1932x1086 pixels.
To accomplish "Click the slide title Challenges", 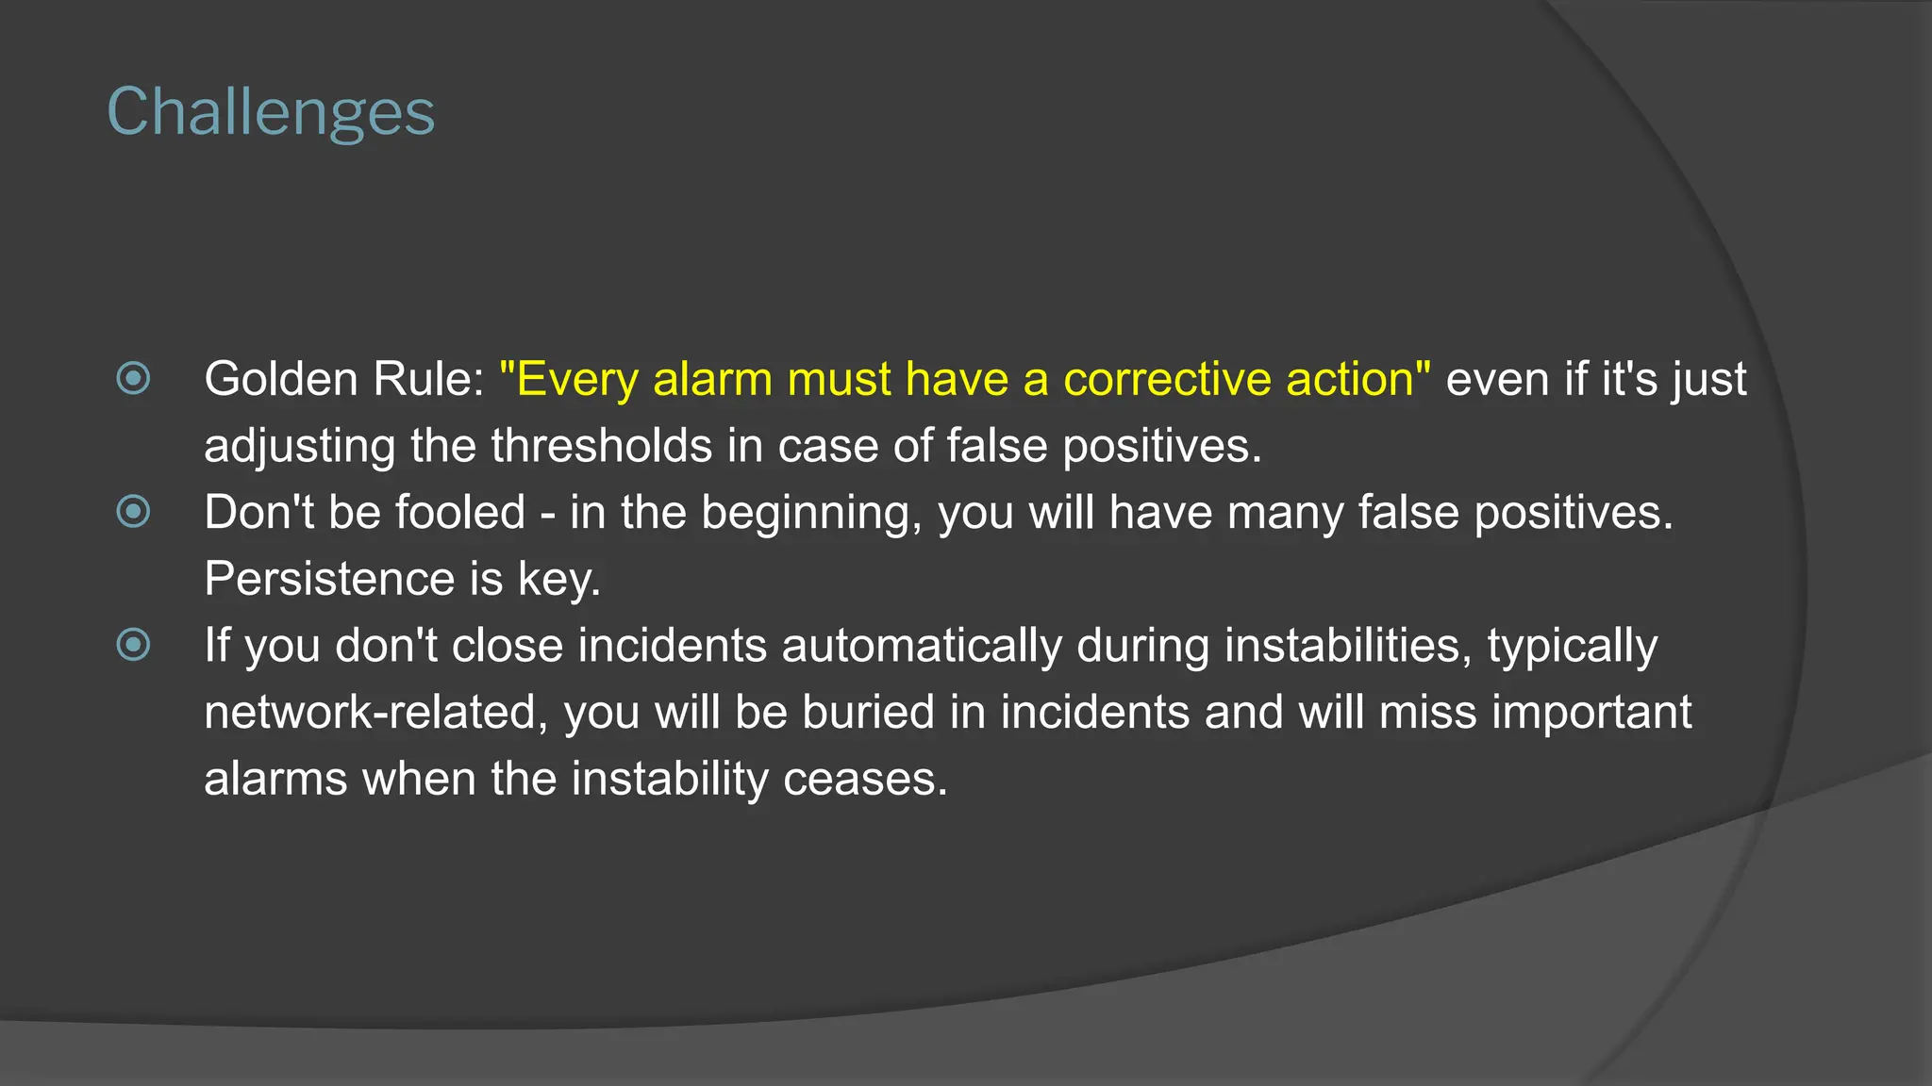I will point(271,113).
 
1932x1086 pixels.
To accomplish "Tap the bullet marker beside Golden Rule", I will point(133,379).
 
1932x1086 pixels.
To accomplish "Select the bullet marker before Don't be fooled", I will point(133,512).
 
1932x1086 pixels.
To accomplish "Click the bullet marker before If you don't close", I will point(133,646).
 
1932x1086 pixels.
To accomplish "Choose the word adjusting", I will point(299,447).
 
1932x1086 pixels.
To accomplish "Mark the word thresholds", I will point(601,445).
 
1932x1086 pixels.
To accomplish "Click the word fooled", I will point(459,512).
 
